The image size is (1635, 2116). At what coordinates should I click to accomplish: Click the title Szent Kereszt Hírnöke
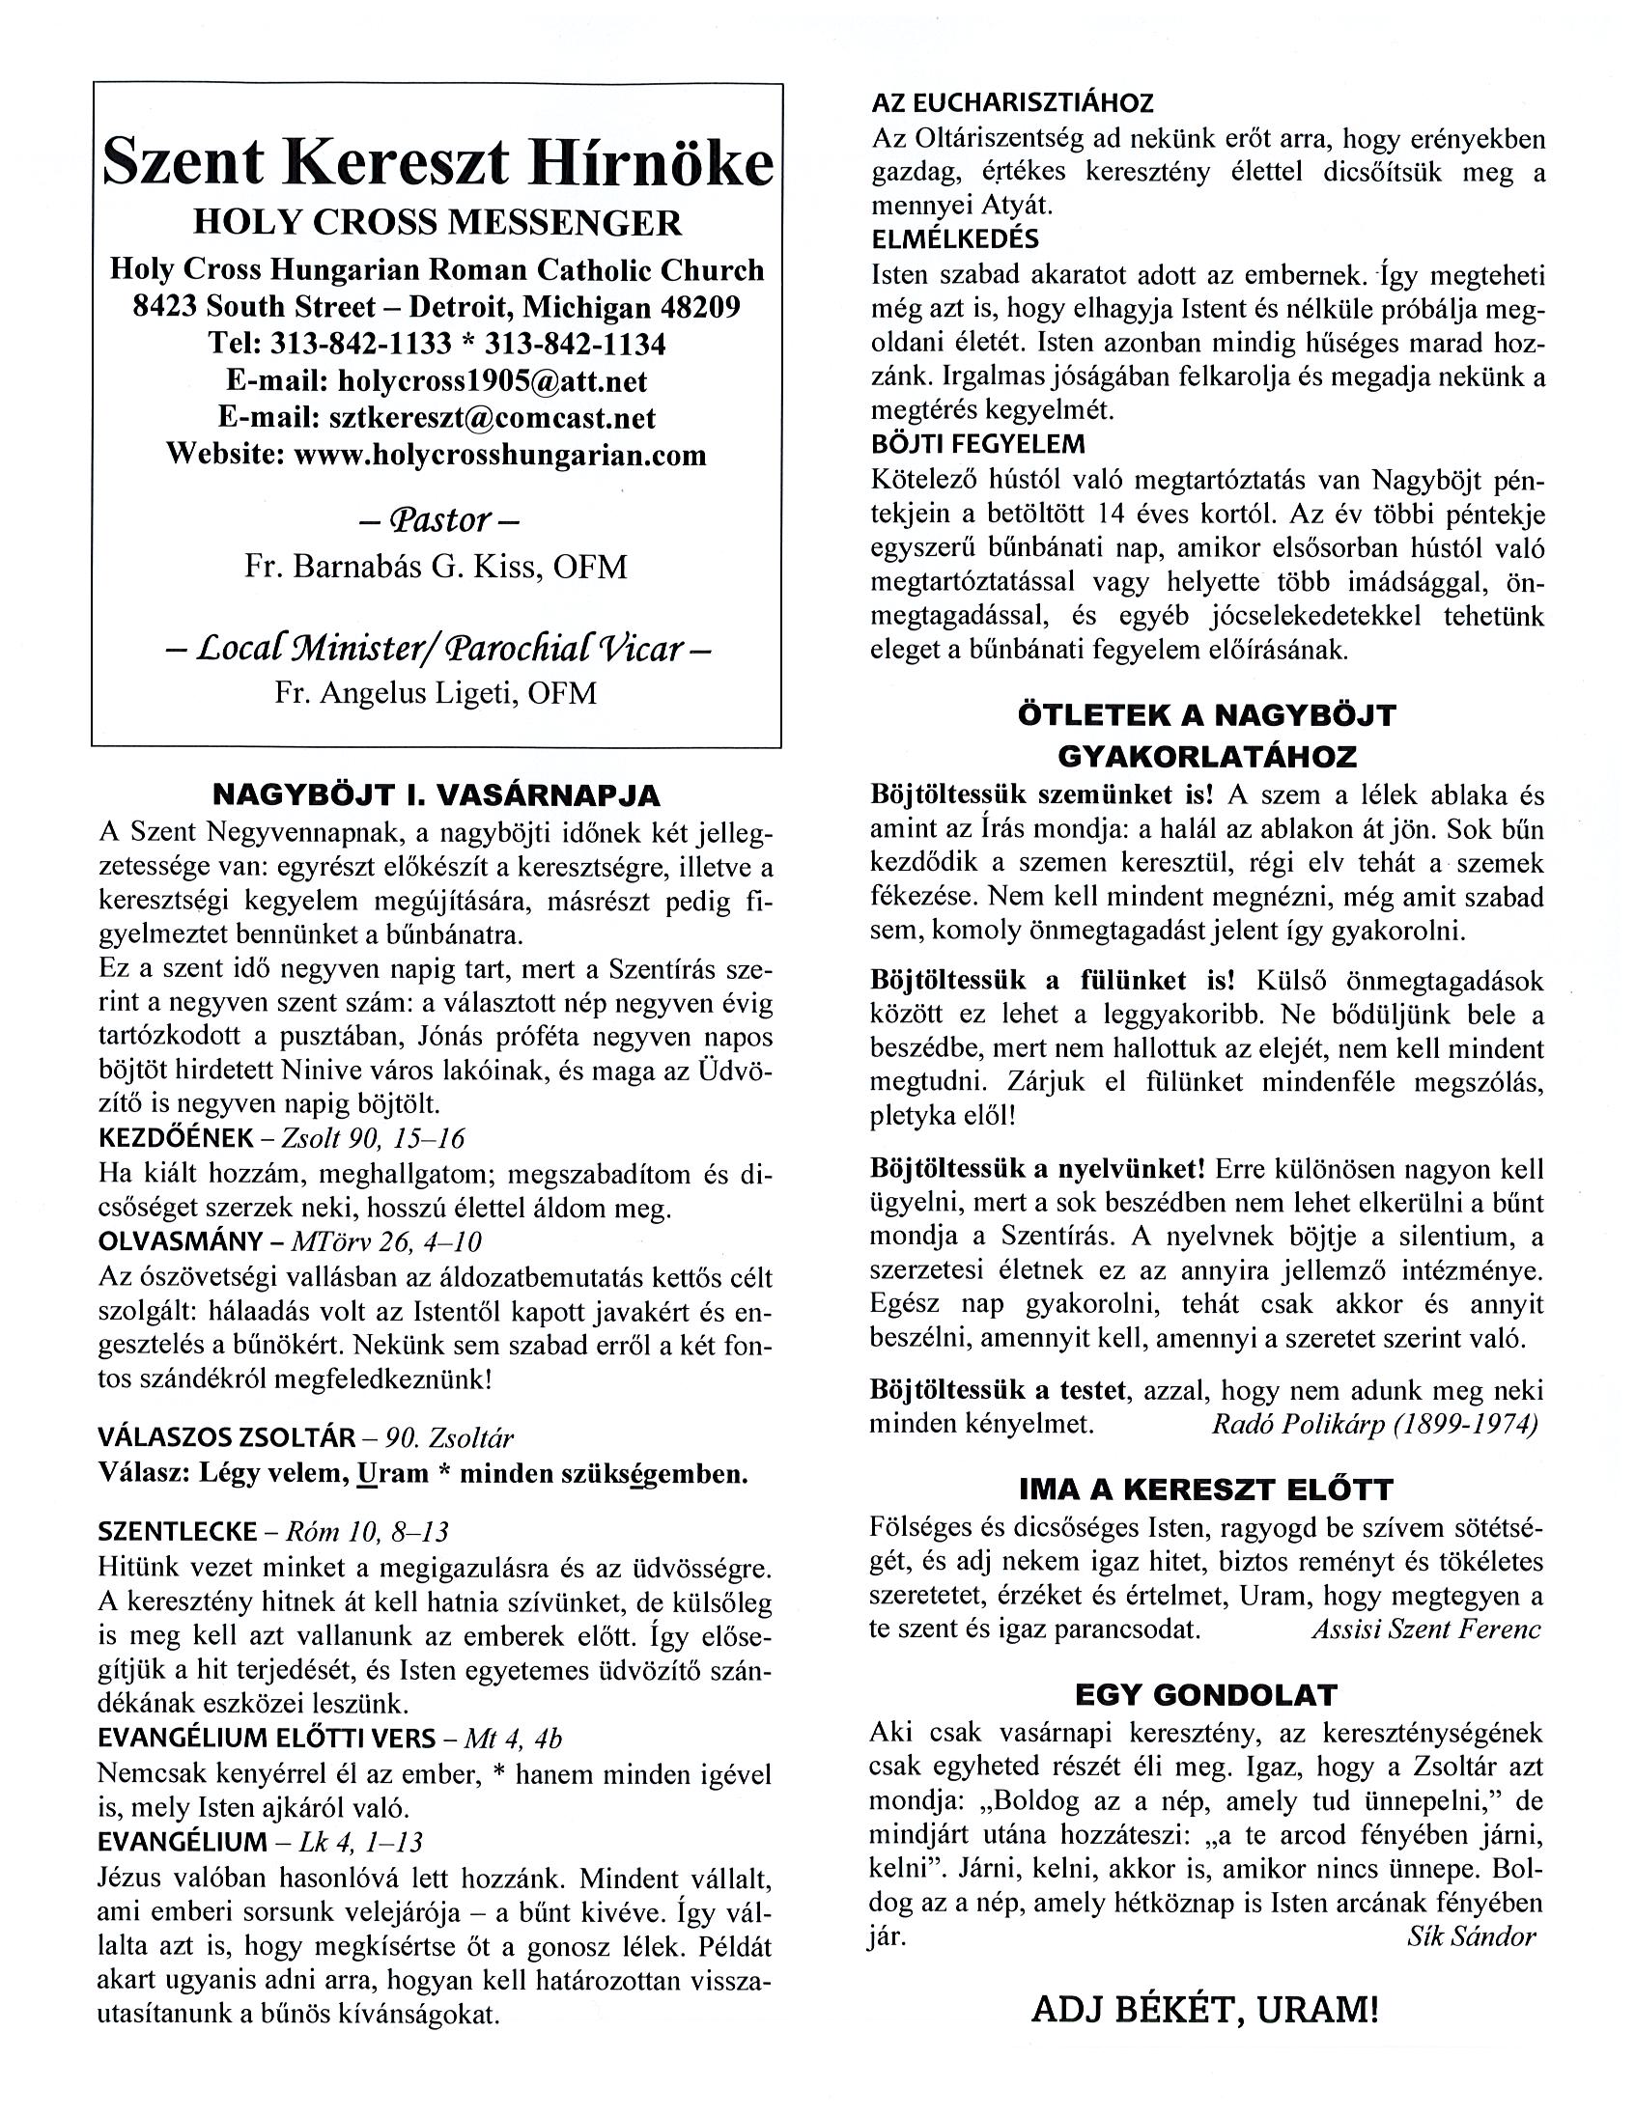tap(437, 162)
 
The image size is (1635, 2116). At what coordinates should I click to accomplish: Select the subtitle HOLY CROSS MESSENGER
tap(437, 223)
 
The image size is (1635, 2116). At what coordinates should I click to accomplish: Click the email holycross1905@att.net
tap(493, 380)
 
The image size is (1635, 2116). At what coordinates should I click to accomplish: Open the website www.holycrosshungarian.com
tap(500, 455)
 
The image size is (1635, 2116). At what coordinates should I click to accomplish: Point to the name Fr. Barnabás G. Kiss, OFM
tap(437, 567)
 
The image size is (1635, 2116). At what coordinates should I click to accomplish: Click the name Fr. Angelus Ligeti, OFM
tap(437, 693)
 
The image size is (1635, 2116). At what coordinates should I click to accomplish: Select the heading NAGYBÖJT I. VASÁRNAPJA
tap(437, 795)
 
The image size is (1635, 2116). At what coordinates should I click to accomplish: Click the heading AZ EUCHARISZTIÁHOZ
tap(1013, 102)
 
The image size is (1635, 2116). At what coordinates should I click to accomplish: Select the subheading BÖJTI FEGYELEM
tap(978, 444)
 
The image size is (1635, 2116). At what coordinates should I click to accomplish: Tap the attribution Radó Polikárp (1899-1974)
tap(1374, 1424)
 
